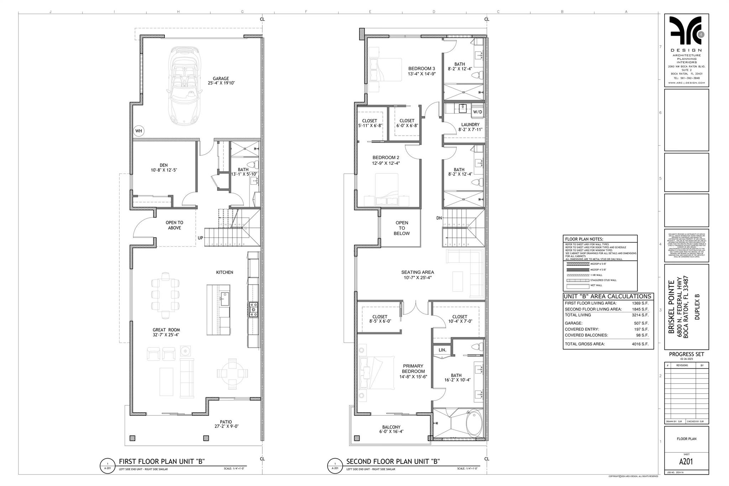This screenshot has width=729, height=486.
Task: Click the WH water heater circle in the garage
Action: tap(138, 131)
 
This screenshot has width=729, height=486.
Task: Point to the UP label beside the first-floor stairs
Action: tap(200, 238)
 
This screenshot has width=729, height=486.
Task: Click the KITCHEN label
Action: tap(225, 272)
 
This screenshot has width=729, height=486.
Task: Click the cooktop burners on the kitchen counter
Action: tap(253, 309)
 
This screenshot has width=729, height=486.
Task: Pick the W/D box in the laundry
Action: tap(477, 112)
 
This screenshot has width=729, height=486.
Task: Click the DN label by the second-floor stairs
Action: tap(439, 218)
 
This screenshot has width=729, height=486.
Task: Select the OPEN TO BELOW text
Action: tap(402, 228)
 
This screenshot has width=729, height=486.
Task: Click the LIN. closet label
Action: tap(442, 350)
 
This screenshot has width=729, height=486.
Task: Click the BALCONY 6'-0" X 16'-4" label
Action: tap(392, 429)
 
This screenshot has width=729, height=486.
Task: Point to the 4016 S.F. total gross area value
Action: tap(640, 344)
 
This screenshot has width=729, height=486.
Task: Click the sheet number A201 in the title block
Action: tap(686, 462)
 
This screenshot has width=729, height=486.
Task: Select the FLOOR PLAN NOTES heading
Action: tap(584, 239)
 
